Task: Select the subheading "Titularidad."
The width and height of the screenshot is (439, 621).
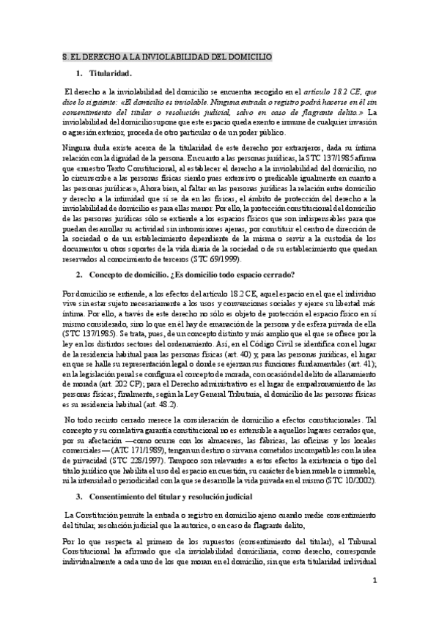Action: click(x=110, y=75)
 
